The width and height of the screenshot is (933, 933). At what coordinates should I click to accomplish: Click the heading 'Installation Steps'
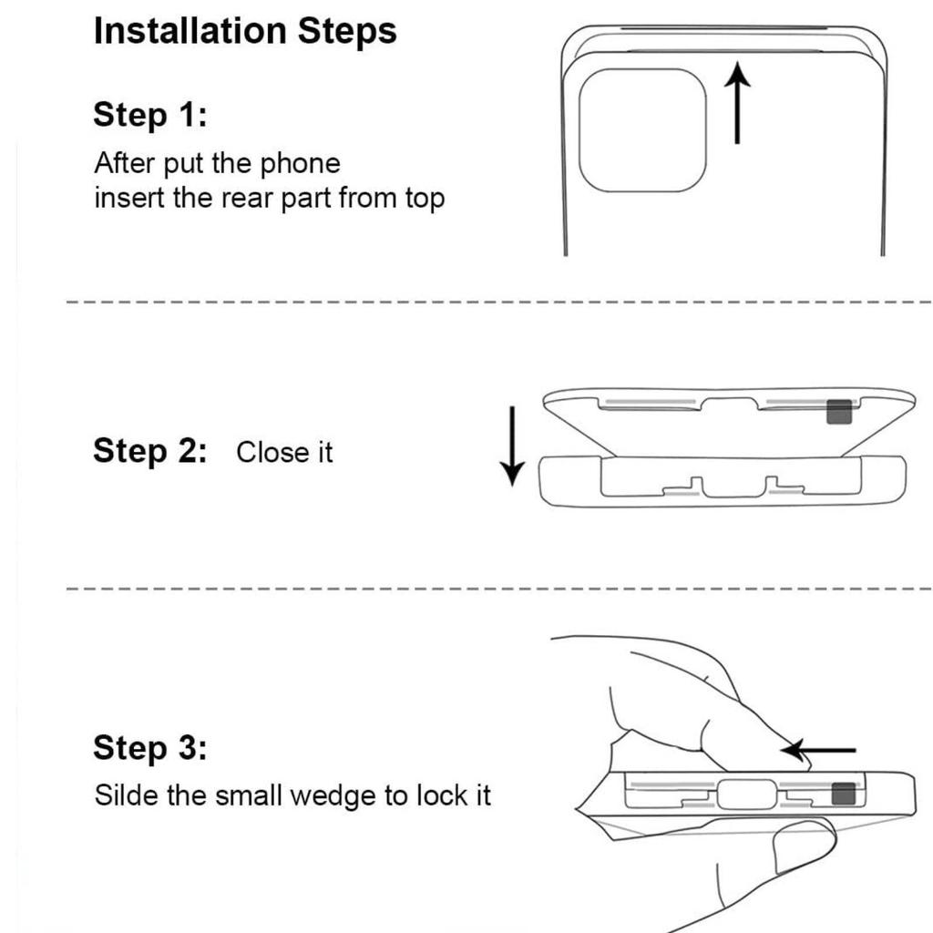[x=245, y=31]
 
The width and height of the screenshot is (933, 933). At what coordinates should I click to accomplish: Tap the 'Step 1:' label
[x=150, y=114]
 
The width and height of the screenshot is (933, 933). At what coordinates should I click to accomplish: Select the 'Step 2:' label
[x=150, y=450]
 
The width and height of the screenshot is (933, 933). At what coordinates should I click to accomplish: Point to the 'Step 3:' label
[x=150, y=747]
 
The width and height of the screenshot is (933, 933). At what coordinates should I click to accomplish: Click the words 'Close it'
[x=284, y=452]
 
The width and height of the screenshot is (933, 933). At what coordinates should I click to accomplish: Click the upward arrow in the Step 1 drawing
[x=737, y=103]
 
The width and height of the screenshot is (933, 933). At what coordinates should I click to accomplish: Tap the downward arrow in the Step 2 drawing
[x=512, y=446]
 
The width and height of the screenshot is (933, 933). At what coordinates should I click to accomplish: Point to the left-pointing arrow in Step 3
[x=819, y=751]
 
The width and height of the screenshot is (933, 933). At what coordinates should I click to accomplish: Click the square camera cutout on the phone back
[x=642, y=130]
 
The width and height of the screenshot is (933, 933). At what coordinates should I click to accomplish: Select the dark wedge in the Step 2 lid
[x=839, y=412]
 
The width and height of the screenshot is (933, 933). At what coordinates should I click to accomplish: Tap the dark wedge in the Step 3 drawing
[x=843, y=794]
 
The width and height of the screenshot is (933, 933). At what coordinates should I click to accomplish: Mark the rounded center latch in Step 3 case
[x=747, y=795]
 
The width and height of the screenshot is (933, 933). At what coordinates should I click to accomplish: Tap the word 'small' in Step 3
[x=249, y=795]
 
